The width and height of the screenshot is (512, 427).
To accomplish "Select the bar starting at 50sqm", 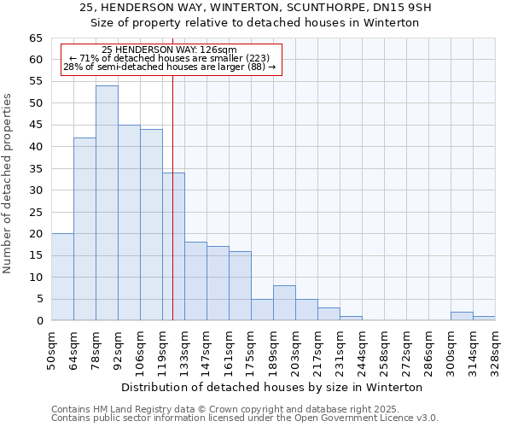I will coord(62,277).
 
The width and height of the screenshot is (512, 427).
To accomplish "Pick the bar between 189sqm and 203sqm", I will coord(284,303).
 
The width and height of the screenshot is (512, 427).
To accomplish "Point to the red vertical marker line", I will coord(172,213).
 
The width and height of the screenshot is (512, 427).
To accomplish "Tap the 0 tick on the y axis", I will coord(39,320).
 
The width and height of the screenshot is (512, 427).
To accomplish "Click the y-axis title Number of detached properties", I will coord(9,184).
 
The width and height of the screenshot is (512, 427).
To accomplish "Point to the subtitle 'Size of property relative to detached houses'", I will coord(255,23).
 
